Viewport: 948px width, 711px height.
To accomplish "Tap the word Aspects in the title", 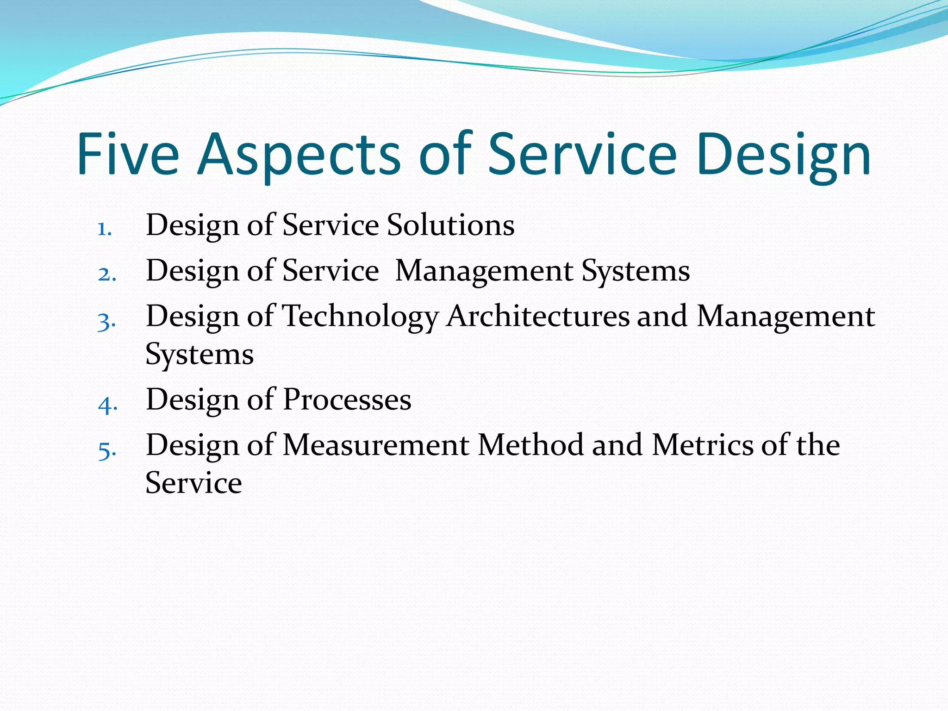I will click(299, 156).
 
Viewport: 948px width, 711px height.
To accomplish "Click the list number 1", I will click(105, 229).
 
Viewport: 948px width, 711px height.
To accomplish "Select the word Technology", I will click(361, 318).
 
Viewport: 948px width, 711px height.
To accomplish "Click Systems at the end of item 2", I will click(636, 271).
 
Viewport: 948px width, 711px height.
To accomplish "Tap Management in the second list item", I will click(484, 271).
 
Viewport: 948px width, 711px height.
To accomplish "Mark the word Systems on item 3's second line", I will click(200, 355).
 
